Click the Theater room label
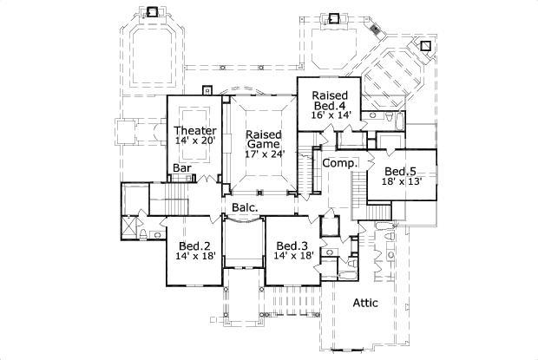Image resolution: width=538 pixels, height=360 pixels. click(195, 130)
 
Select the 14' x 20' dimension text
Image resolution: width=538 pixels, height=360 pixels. click(195, 141)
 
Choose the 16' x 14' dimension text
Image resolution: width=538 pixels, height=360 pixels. click(331, 114)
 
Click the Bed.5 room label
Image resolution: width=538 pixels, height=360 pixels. click(402, 172)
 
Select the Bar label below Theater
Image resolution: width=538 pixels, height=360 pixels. click(181, 167)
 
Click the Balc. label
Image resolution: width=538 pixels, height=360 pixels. click(243, 207)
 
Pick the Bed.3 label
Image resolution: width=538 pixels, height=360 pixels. click(292, 245)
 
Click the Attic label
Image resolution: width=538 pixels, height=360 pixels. click(371, 303)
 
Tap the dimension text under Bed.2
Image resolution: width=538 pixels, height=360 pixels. click(195, 258)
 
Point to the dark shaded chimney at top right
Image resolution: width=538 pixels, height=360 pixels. click(375, 29)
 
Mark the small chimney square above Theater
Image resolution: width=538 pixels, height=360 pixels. click(207, 88)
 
